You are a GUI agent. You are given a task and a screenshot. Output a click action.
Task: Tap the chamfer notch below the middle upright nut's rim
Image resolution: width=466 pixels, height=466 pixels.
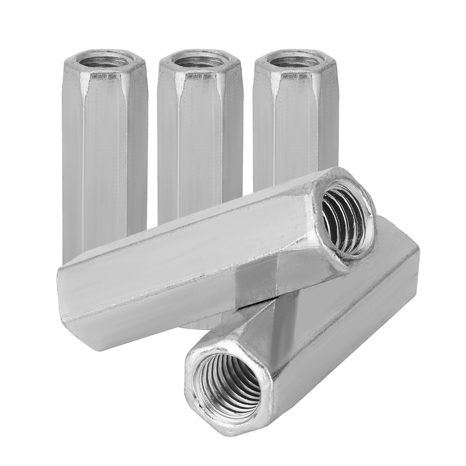[x=181, y=96]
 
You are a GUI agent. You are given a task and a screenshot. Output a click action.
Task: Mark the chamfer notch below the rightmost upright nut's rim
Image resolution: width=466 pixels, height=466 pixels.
[x=275, y=96]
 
